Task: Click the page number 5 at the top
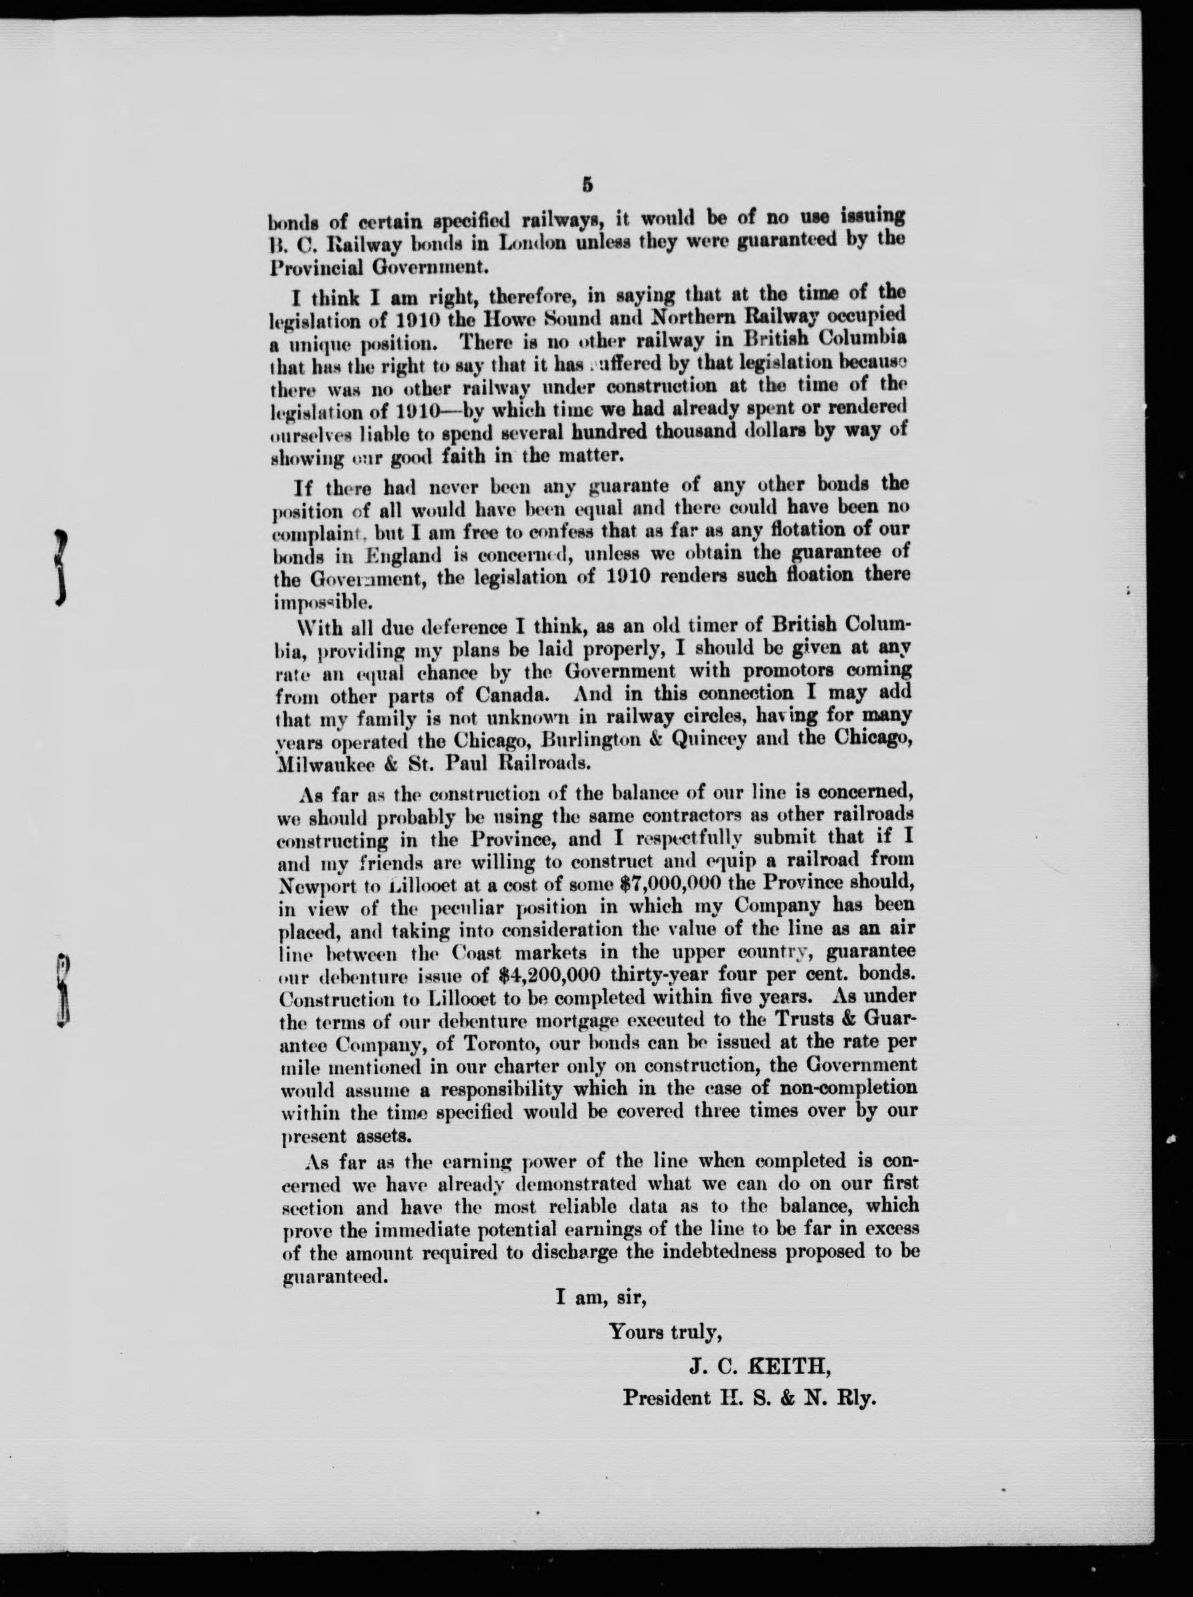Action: click(x=586, y=186)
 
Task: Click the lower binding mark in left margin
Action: click(x=63, y=990)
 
